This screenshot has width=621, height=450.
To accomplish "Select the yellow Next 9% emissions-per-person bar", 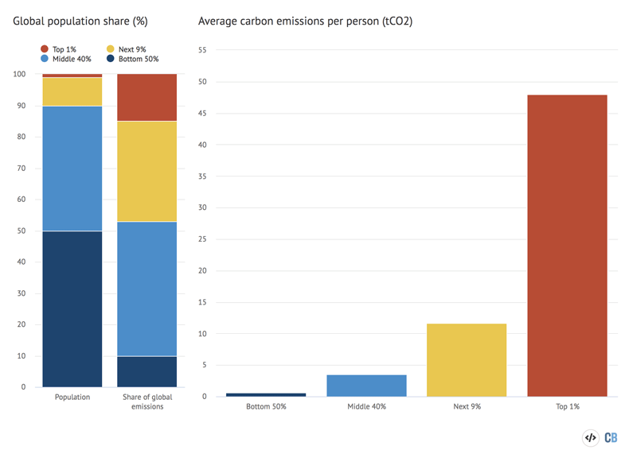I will pos(467,359).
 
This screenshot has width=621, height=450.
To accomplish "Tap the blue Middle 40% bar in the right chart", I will pos(366,386).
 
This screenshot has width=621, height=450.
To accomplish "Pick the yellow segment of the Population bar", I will pos(72,91).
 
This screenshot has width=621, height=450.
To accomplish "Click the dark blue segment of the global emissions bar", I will pos(146,371).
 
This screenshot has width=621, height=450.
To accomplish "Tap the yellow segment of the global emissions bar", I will pos(146,171).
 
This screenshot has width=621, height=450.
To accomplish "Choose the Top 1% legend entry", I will pos(60,49).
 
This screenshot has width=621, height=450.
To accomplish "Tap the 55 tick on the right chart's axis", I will pos(201,50).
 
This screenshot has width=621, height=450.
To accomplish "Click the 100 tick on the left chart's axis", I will pos(18,74).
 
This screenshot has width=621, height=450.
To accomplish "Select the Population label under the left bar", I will pos(72,397).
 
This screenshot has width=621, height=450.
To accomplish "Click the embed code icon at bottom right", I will pos(591,437).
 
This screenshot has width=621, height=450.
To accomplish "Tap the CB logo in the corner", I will pos(611,437).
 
